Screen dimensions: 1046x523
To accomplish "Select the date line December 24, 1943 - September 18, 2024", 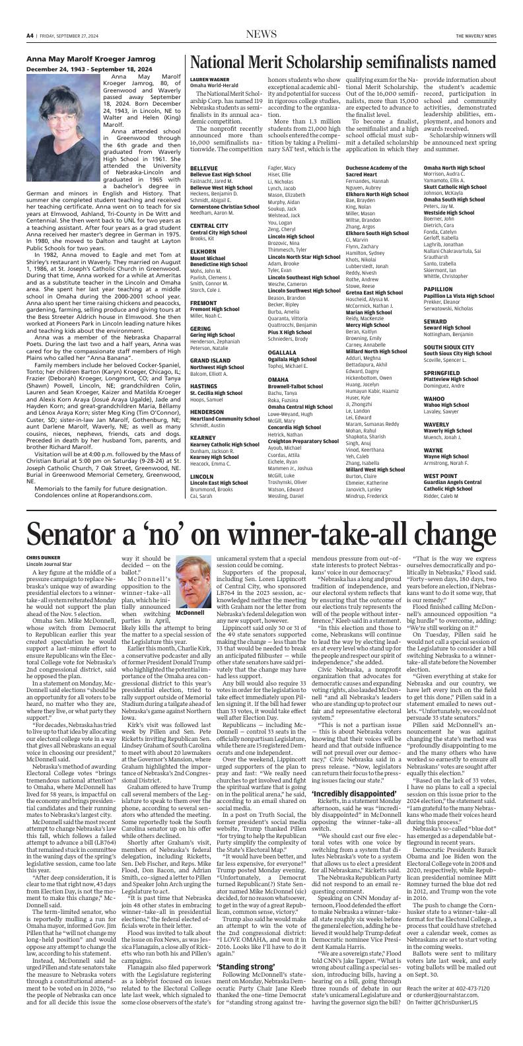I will click(88, 69).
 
